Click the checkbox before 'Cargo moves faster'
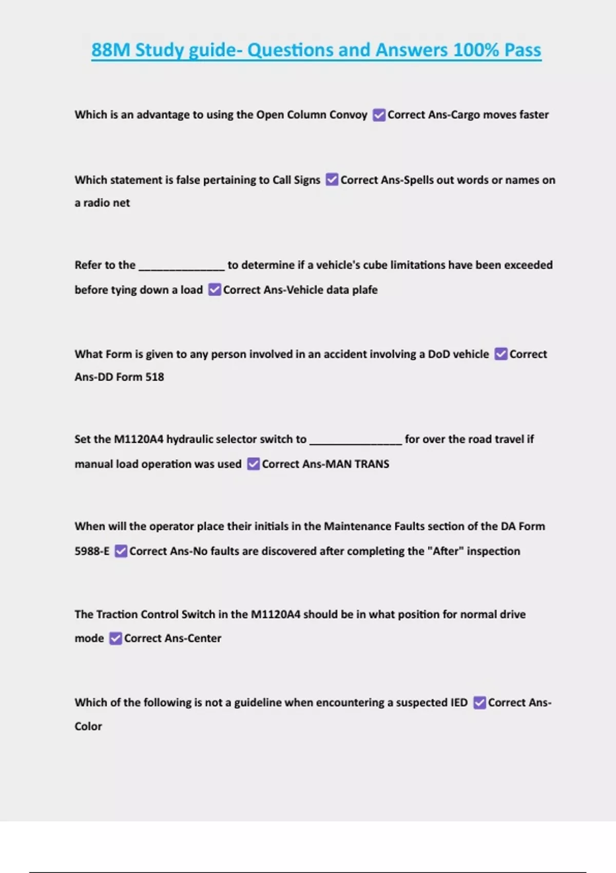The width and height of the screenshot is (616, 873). point(379,115)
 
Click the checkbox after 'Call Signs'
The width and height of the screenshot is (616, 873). point(332,180)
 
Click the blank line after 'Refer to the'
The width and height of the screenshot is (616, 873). point(182,266)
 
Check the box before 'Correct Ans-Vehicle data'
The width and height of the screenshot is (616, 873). point(215,290)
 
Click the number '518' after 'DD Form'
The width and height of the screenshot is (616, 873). point(155,377)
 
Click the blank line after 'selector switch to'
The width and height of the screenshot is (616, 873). point(355,440)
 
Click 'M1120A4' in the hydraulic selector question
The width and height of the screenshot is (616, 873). point(139,439)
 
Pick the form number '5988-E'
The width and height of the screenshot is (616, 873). point(92,551)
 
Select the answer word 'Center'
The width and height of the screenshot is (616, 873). point(204,638)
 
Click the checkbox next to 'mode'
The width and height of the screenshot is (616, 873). point(116,638)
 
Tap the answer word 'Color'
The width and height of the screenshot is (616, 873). point(88,726)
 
